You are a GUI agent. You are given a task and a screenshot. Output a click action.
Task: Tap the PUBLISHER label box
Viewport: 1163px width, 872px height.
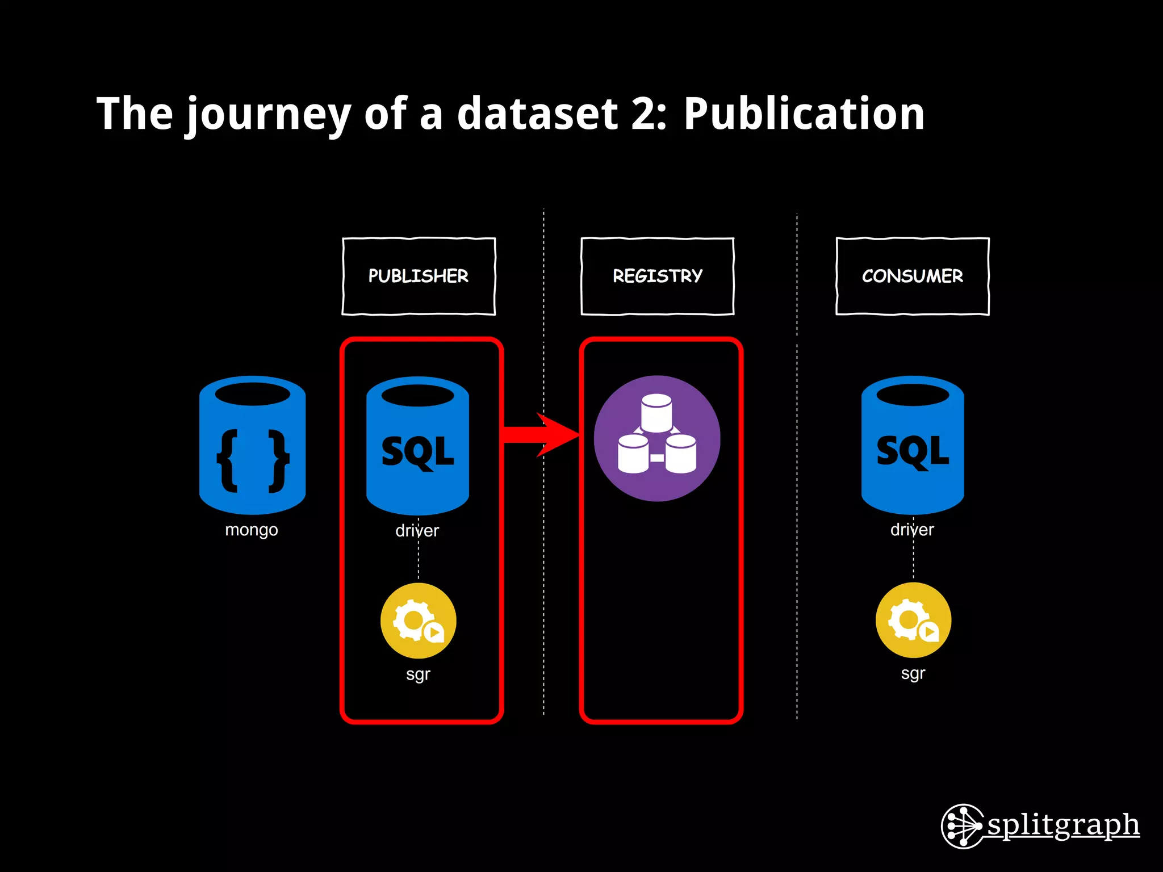(419, 276)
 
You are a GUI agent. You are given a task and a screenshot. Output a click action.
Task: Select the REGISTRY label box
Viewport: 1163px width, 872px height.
(658, 276)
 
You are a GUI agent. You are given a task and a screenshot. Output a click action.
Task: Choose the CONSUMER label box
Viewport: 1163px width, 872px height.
(913, 276)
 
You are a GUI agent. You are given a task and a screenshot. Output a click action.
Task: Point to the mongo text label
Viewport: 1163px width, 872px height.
(252, 530)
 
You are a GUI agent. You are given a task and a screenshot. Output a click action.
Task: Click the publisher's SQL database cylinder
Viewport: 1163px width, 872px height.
(417, 446)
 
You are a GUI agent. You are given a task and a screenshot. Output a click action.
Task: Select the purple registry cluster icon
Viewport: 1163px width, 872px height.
(657, 438)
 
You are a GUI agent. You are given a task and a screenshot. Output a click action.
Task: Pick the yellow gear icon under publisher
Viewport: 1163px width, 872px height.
(418, 621)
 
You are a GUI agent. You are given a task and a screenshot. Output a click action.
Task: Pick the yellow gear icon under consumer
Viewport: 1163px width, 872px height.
(913, 620)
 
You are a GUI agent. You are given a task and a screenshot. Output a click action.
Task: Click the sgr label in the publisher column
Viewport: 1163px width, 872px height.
(418, 674)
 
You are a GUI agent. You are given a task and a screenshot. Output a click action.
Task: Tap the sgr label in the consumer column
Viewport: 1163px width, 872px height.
(913, 674)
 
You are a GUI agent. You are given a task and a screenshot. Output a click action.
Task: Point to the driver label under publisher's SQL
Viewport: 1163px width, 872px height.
(417, 531)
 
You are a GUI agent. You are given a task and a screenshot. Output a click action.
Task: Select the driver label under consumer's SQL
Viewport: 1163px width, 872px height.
(912, 530)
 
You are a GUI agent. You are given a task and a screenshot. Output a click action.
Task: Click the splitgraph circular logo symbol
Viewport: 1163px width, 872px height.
(962, 826)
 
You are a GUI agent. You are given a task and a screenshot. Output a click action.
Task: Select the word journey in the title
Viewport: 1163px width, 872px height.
(269, 115)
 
